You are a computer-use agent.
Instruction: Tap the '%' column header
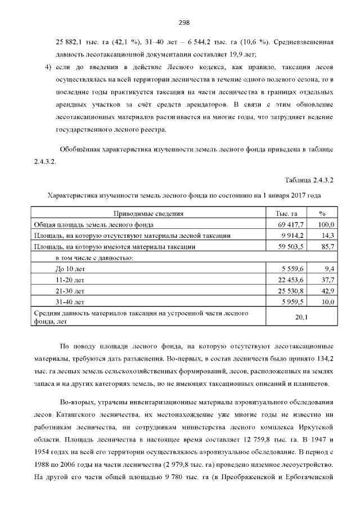(x=322, y=214)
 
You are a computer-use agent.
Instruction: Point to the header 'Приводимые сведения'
(x=148, y=214)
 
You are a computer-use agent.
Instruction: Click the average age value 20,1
(x=301, y=317)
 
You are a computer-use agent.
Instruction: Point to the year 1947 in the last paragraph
(x=309, y=437)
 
